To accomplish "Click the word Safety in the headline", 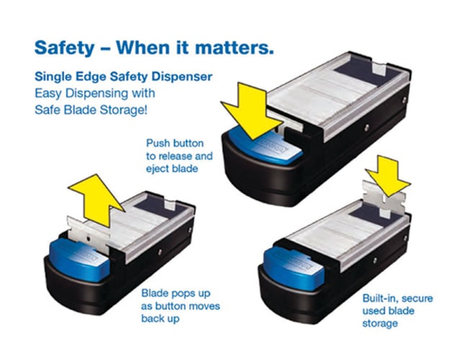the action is point(64,48).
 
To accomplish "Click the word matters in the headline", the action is point(234,48).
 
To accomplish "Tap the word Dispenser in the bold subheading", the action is point(181,77).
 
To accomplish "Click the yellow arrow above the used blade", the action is point(387,176).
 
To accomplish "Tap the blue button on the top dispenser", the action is point(264,146).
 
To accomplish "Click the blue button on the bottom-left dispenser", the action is point(78,260).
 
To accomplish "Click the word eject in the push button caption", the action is point(158,169).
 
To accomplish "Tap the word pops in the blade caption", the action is point(181,294).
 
